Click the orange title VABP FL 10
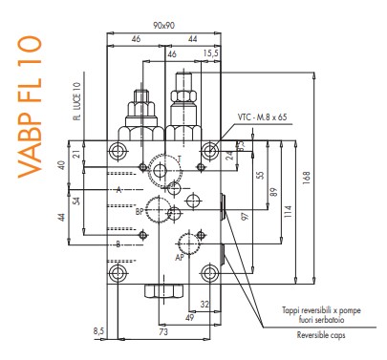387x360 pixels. click(x=31, y=104)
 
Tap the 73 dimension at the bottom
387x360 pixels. click(x=162, y=333)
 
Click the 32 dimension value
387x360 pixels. click(x=204, y=306)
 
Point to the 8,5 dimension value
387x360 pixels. click(x=99, y=330)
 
